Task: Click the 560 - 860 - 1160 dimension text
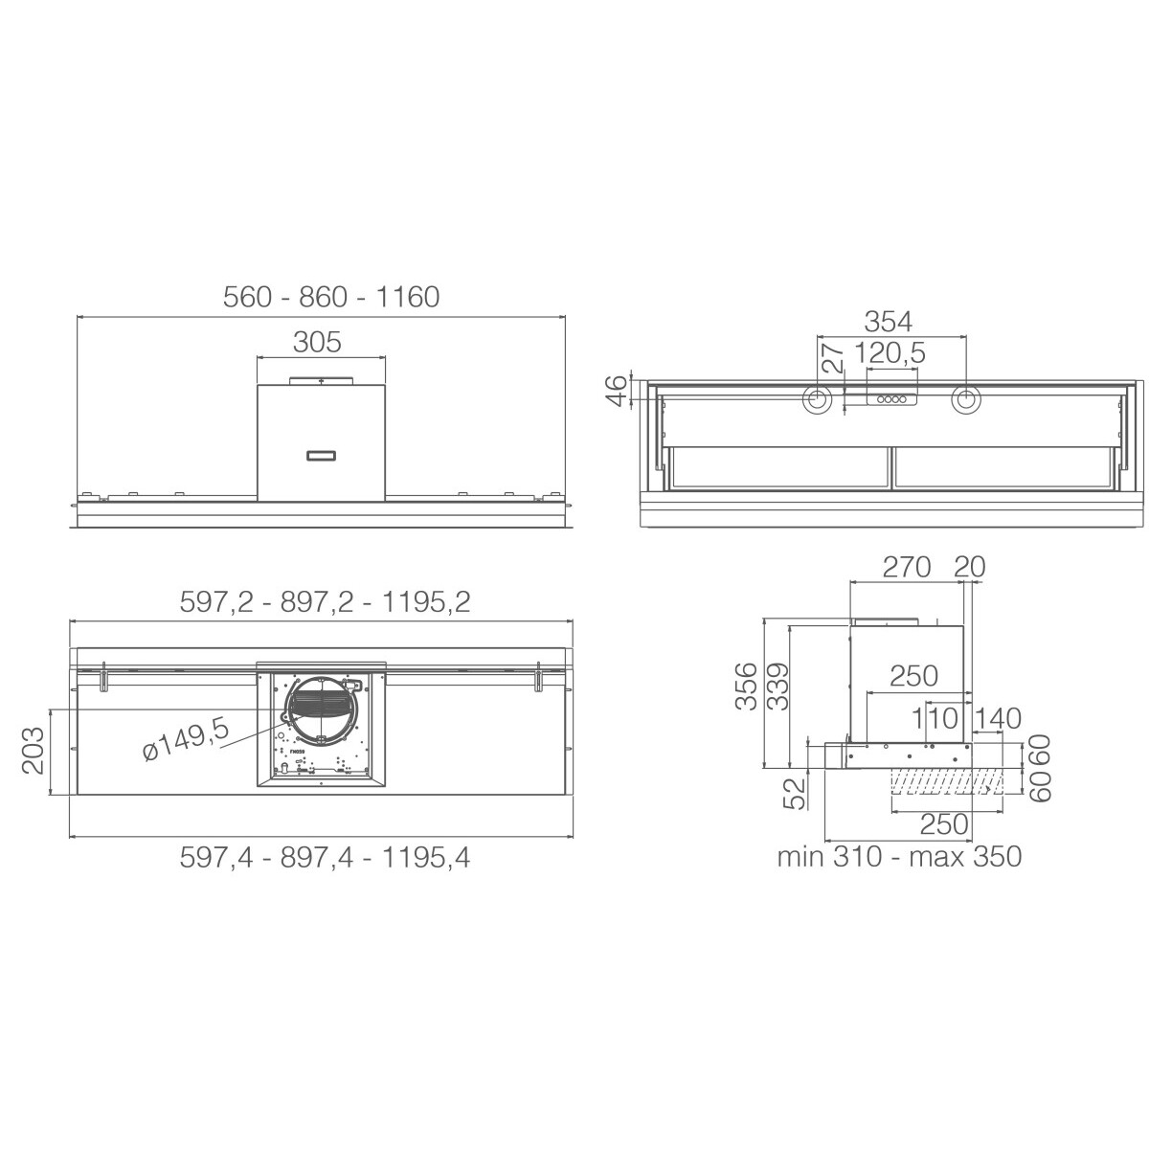click(x=331, y=297)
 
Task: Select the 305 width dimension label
click(x=317, y=342)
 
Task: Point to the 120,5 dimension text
click(x=890, y=353)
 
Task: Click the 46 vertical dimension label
click(x=620, y=391)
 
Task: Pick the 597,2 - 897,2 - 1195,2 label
click(x=325, y=602)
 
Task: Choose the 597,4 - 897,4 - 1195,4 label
click(x=325, y=857)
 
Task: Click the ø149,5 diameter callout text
click(x=186, y=738)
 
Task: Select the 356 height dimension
click(x=745, y=687)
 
